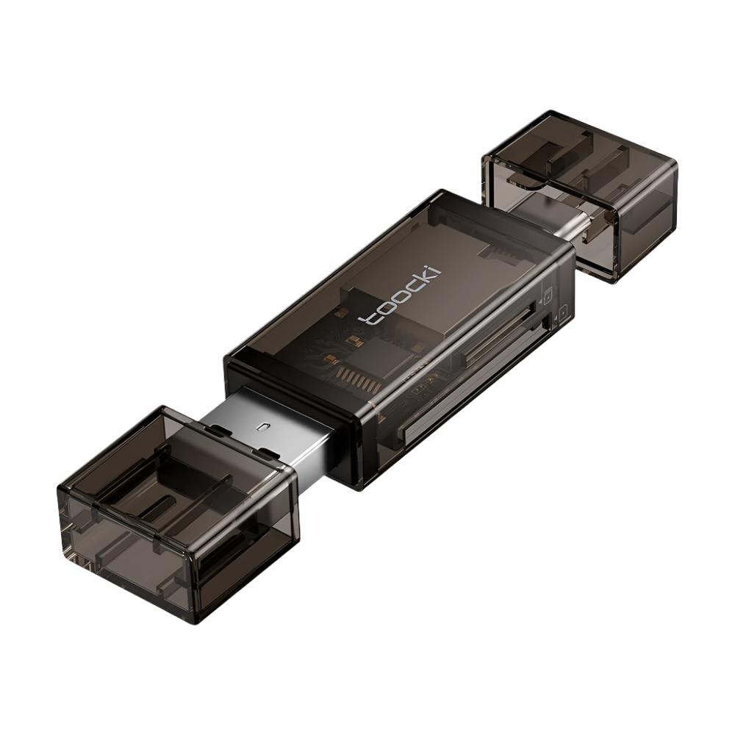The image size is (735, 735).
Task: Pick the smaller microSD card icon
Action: (x=562, y=312)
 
